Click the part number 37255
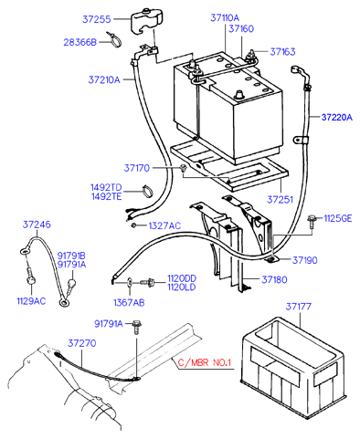pyautogui.click(x=96, y=19)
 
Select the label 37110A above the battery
pyautogui.click(x=225, y=17)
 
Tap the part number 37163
pyautogui.click(x=282, y=52)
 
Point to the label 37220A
pyautogui.click(x=337, y=117)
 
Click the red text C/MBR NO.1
pyautogui.click(x=205, y=362)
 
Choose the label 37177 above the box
pyautogui.click(x=299, y=307)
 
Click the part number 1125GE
pyautogui.click(x=337, y=218)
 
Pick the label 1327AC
pyautogui.click(x=164, y=225)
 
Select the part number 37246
pyautogui.click(x=37, y=225)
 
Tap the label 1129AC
pyautogui.click(x=31, y=301)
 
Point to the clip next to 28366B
pyautogui.click(x=114, y=39)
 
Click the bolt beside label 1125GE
pyautogui.click(x=312, y=221)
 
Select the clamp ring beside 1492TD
pyautogui.click(x=148, y=191)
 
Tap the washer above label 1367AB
pyautogui.click(x=130, y=283)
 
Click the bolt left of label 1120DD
pyautogui.click(x=148, y=282)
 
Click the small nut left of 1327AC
pyautogui.click(x=133, y=225)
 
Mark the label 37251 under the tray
pyautogui.click(x=280, y=200)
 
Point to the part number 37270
pyautogui.click(x=81, y=343)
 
